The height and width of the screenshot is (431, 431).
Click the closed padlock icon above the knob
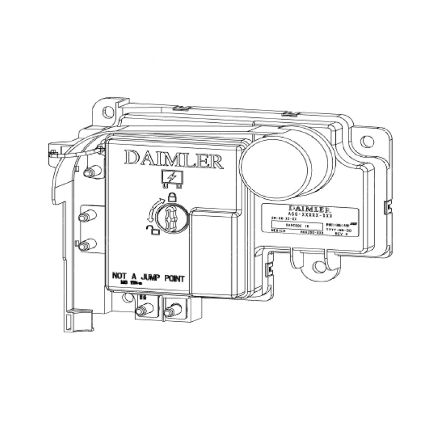coord(172,199)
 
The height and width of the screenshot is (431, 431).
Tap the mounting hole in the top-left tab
coord(108,112)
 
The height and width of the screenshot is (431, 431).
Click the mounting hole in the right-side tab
coord(367,141)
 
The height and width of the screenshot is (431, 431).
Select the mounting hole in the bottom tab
coord(318,266)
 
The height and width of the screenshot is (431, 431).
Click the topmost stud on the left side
coord(90,172)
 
